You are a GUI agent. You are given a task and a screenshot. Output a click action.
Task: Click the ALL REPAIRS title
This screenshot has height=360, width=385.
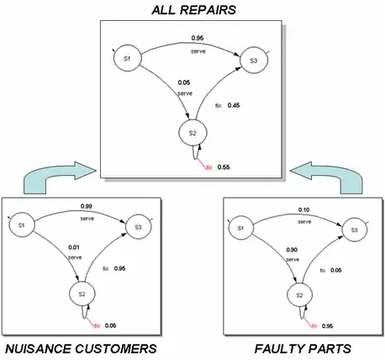[x=192, y=9]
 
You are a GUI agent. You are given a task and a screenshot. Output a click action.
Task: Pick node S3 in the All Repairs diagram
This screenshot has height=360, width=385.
[x=251, y=59]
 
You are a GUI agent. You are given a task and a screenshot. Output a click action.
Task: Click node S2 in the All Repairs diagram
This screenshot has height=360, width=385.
[x=192, y=133]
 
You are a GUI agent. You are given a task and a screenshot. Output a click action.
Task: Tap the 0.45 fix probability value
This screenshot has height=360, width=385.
[x=235, y=105]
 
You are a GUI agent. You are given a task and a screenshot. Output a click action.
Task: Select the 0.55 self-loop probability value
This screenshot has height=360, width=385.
[x=224, y=167]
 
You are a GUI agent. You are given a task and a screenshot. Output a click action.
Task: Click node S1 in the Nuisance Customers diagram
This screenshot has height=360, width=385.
[x=23, y=225]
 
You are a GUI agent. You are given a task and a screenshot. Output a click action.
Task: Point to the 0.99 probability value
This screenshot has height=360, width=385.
[x=86, y=206]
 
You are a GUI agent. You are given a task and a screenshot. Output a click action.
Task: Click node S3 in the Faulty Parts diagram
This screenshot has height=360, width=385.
[x=354, y=229]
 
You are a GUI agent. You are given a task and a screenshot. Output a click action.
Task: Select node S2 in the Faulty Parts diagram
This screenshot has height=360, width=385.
[x=297, y=295]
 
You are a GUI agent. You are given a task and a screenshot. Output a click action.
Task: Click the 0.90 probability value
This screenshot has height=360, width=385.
[x=293, y=250]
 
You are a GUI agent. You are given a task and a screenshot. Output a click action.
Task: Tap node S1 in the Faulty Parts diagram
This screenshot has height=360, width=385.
[x=240, y=228]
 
